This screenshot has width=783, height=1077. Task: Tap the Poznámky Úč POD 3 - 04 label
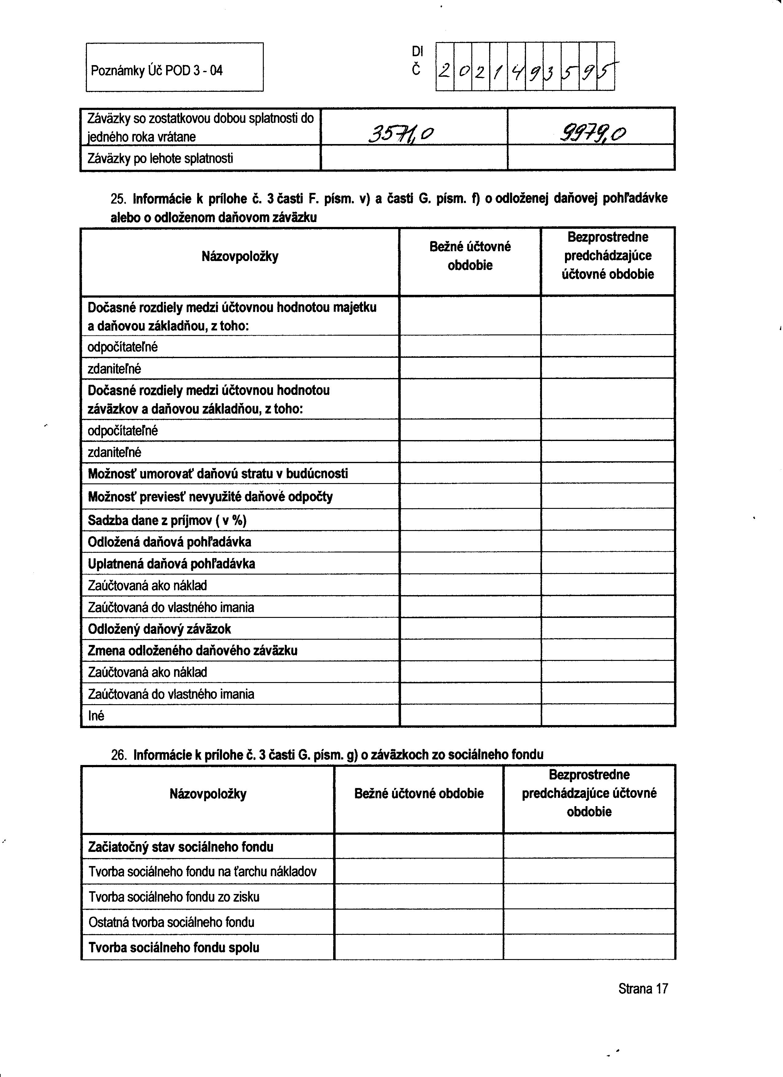(x=157, y=71)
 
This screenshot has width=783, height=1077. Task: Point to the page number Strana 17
(x=643, y=989)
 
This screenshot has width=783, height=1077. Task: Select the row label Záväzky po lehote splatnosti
(x=160, y=158)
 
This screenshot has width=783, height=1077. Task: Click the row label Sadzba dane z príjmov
(x=167, y=521)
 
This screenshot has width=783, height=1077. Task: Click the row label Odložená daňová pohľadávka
(x=169, y=542)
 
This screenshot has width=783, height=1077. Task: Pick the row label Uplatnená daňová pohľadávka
(x=171, y=564)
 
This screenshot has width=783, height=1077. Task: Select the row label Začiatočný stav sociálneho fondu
(x=181, y=847)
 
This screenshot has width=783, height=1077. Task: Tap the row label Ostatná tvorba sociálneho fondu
(x=171, y=922)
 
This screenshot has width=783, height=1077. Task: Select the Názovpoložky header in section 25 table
(x=240, y=257)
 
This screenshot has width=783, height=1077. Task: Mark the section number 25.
(x=118, y=198)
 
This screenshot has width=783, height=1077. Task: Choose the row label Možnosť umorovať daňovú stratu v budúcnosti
(x=218, y=474)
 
